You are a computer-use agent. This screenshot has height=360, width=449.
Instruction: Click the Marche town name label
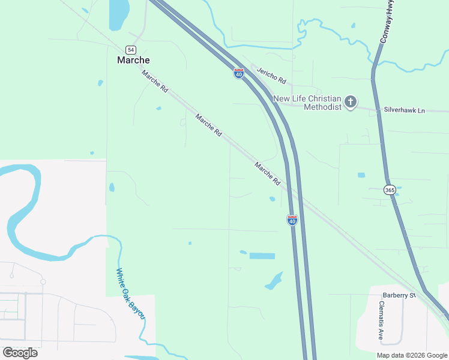133,60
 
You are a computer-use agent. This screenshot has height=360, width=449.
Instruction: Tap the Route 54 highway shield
130,49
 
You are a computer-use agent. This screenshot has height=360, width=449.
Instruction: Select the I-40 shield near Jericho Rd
239,74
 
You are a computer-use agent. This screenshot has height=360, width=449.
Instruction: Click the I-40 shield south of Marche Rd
292,220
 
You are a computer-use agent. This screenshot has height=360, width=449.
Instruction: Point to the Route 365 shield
389,190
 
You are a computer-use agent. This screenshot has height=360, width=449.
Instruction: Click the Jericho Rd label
271,76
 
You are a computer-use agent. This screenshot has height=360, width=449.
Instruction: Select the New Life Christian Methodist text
307,103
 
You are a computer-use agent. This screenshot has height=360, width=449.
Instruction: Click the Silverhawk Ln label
404,110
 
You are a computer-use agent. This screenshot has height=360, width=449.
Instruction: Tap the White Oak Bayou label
131,293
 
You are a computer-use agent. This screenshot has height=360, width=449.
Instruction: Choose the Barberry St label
399,295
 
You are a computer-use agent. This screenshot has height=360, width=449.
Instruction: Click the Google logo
20,353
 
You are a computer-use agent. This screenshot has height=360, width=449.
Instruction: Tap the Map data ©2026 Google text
412,355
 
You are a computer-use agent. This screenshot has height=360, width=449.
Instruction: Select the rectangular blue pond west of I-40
262,256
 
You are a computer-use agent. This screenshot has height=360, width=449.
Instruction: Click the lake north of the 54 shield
119,13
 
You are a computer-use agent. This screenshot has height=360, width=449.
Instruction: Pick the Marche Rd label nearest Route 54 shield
155,81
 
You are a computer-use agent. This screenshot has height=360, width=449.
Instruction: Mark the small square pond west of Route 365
361,175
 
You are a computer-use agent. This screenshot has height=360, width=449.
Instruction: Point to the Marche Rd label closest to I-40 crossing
268,173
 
